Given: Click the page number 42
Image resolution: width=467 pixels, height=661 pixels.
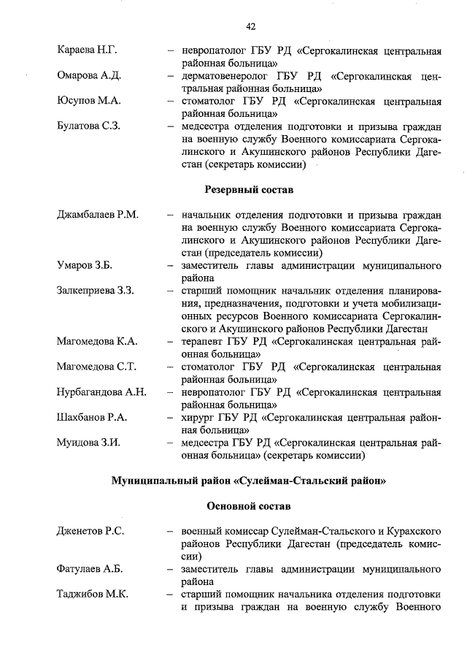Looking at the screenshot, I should pyautogui.click(x=250, y=27).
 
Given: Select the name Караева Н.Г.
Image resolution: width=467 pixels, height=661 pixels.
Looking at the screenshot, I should pyautogui.click(x=88, y=50).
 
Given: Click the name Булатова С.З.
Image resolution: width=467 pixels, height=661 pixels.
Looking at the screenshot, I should pyautogui.click(x=89, y=126).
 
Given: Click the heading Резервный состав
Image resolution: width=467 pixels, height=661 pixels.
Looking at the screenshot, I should pyautogui.click(x=247, y=190).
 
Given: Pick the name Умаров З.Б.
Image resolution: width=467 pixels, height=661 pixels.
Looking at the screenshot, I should pyautogui.click(x=84, y=265).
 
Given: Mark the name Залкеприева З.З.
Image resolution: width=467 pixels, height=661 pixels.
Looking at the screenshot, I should pyautogui.click(x=96, y=291).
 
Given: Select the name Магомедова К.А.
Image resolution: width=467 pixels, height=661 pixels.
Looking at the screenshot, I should pyautogui.click(x=97, y=341).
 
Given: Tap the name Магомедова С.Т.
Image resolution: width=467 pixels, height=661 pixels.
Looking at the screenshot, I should pyautogui.click(x=96, y=367).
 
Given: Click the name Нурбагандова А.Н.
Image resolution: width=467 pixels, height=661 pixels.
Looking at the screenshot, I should pyautogui.click(x=102, y=392).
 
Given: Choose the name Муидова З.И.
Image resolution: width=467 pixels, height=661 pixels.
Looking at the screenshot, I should pyautogui.click(x=88, y=443).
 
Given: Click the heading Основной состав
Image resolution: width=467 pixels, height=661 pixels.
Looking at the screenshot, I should pyautogui.click(x=249, y=506).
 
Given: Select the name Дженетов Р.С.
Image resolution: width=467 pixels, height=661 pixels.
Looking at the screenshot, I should pyautogui.click(x=90, y=531).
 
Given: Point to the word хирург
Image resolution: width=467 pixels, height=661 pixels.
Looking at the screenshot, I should pyautogui.click(x=198, y=418).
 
